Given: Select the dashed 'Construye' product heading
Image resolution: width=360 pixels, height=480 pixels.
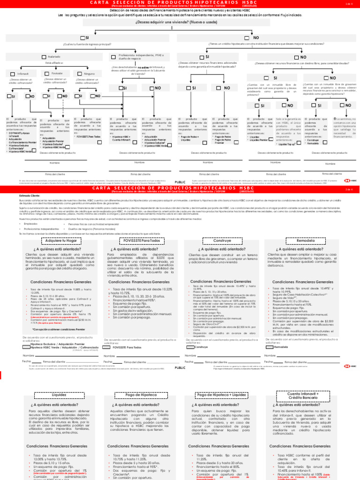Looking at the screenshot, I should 218,240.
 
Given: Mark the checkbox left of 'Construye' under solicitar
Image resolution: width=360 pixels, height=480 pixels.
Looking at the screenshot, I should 190,360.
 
